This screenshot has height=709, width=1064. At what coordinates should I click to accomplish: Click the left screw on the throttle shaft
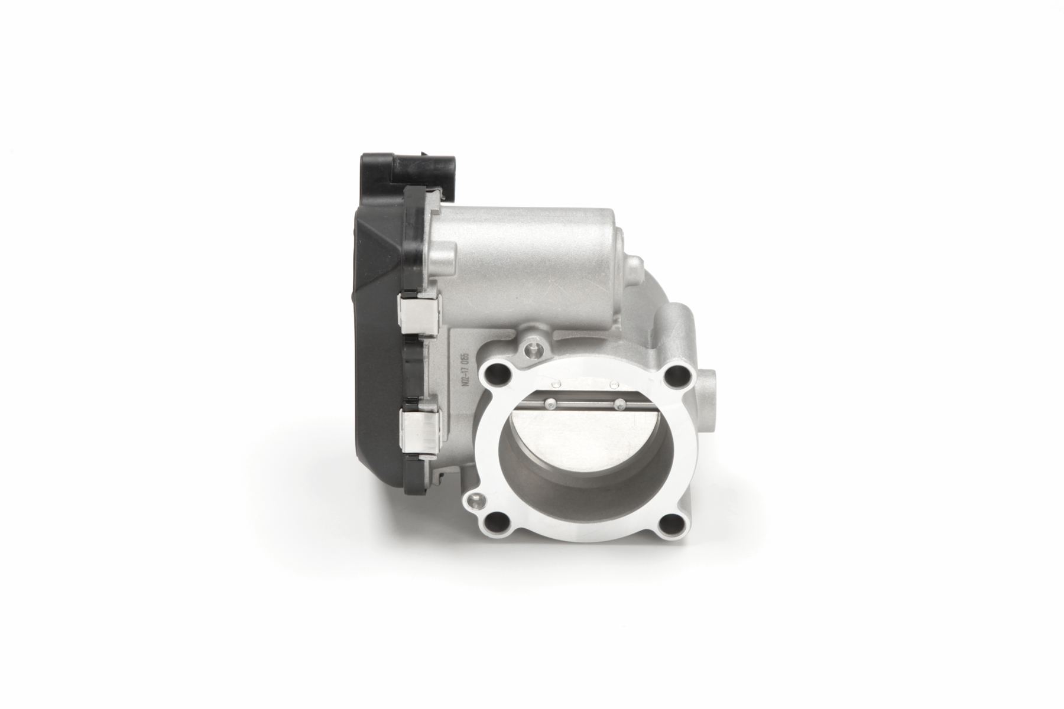pyautogui.click(x=551, y=404)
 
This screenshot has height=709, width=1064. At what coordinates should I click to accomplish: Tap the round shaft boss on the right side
pyautogui.click(x=709, y=384)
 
